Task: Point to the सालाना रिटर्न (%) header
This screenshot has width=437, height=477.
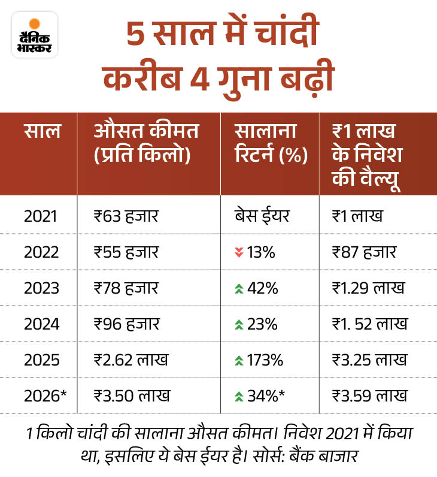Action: tap(271, 143)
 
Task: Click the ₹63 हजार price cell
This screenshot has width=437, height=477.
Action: tap(126, 216)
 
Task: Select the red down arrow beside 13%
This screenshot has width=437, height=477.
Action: tap(239, 252)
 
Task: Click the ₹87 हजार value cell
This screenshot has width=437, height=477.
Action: tap(365, 252)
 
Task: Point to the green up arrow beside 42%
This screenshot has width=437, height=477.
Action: tap(239, 288)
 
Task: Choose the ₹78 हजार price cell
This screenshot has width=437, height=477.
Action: tap(126, 288)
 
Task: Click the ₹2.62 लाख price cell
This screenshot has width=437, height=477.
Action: tap(132, 360)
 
